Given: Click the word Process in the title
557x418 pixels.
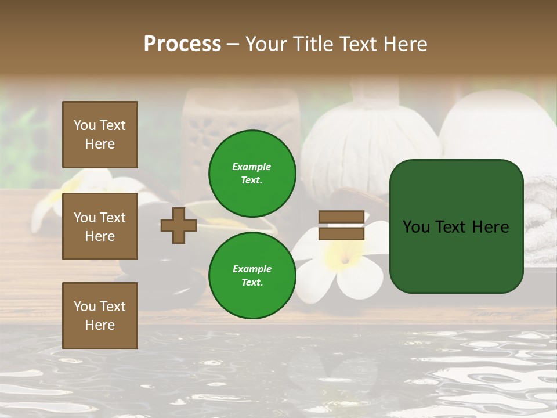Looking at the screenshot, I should click(x=182, y=44).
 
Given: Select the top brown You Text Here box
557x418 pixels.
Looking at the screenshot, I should click(x=100, y=135).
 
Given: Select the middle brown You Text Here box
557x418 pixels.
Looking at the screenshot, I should click(x=100, y=226).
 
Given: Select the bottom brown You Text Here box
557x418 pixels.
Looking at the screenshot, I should click(x=100, y=315).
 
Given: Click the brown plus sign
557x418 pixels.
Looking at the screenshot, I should click(x=179, y=226).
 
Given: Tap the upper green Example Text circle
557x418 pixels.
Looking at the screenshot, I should click(x=252, y=173).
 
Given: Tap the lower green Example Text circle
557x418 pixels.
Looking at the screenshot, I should click(x=252, y=275).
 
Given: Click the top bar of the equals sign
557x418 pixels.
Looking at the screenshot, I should click(x=341, y=217).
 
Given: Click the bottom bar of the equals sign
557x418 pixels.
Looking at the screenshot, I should click(x=341, y=233).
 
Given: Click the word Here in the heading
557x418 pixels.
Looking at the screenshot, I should click(x=403, y=44).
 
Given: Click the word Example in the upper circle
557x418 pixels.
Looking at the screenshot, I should click(x=252, y=167).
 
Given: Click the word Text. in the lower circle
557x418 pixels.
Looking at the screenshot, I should click(x=252, y=282).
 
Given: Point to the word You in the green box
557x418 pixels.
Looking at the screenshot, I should click(x=417, y=227).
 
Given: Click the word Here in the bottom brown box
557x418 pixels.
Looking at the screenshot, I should click(x=100, y=325).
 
